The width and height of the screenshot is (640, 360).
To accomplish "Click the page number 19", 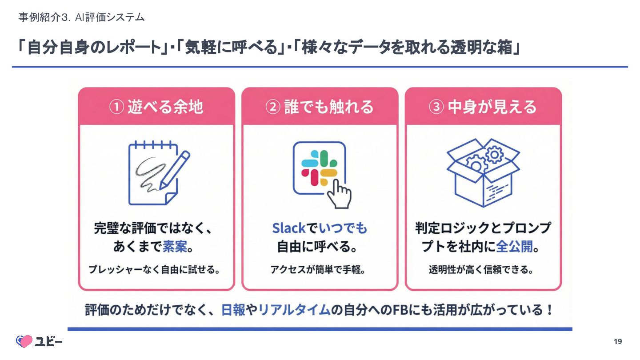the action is click(618, 341).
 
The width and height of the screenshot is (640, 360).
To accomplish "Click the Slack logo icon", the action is click(319, 168).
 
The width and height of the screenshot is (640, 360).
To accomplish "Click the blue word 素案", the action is click(174, 247).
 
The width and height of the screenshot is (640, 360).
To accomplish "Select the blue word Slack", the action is click(288, 228).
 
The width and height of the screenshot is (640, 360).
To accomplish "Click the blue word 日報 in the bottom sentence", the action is click(233, 310).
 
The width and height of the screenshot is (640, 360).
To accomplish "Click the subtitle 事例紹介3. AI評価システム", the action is click(81, 17).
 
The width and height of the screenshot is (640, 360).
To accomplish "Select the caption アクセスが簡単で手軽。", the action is click(318, 270).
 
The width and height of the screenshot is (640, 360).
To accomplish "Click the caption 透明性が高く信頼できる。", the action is click(481, 270).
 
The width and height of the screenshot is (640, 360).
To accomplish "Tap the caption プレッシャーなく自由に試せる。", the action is click(154, 270).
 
